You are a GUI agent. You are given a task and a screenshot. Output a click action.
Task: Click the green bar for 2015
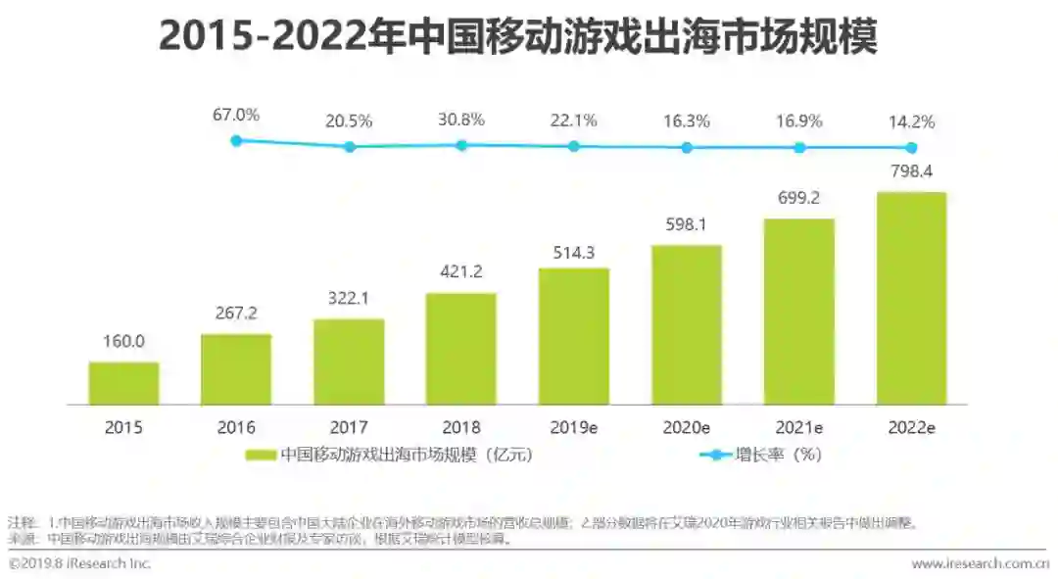point(123,383)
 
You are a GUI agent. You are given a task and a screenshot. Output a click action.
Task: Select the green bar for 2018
point(460,349)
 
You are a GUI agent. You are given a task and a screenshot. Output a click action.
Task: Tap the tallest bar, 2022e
point(911,298)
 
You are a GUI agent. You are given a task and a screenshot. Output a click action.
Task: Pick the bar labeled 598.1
point(687,324)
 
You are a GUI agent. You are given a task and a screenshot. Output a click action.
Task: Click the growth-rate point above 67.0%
point(236,141)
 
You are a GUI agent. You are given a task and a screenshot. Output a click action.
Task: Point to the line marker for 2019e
point(574,146)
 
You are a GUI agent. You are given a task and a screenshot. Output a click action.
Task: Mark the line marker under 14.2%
point(911,147)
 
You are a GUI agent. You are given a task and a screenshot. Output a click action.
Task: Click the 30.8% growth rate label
point(460,121)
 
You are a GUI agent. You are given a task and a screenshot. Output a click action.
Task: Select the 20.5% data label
point(349,121)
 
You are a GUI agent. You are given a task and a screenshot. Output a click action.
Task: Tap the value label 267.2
point(236,314)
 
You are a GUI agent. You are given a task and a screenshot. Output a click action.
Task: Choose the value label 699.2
point(799,198)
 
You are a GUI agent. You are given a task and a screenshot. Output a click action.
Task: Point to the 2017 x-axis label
point(349,427)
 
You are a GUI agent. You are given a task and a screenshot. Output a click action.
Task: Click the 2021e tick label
point(799,427)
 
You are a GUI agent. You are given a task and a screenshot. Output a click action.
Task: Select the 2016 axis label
point(236,427)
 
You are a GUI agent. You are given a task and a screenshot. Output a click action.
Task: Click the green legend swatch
point(261,455)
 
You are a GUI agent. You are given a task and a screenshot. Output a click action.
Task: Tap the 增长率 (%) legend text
point(778,455)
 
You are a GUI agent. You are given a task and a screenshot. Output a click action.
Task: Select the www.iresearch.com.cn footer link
point(980,564)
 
